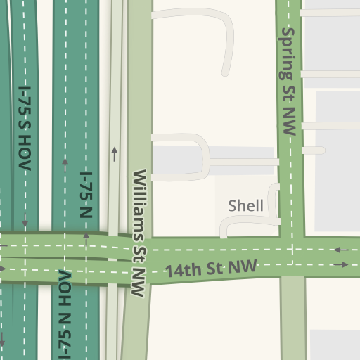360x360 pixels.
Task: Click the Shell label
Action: [245, 206]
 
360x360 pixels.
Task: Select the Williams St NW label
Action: [140, 232]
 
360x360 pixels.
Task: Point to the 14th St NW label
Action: [211, 268]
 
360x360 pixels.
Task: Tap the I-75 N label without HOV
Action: [86, 195]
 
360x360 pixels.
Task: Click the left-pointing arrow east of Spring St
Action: [341, 250]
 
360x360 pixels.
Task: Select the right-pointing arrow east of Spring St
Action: [341, 264]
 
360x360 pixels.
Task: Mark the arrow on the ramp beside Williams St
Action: [114, 153]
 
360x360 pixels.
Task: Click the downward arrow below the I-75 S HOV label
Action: [25, 220]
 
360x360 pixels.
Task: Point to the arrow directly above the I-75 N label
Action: [65, 165]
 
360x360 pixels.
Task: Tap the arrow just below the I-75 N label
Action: [86, 238]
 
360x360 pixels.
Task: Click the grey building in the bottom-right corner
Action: [335, 345]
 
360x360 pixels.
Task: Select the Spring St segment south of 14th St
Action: [293, 316]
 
